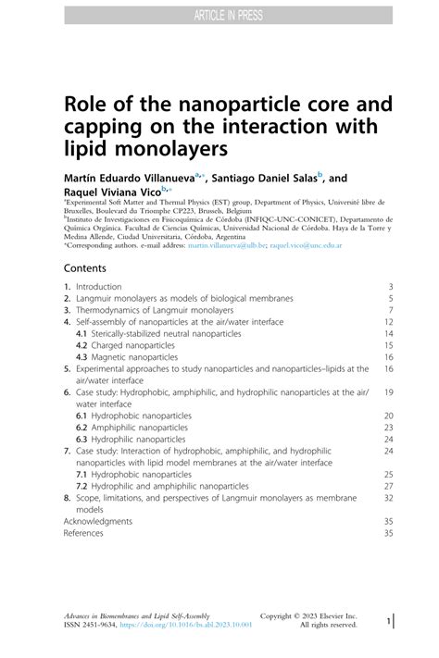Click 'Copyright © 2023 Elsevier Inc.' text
click(x=308, y=615)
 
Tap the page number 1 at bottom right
click(x=389, y=624)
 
